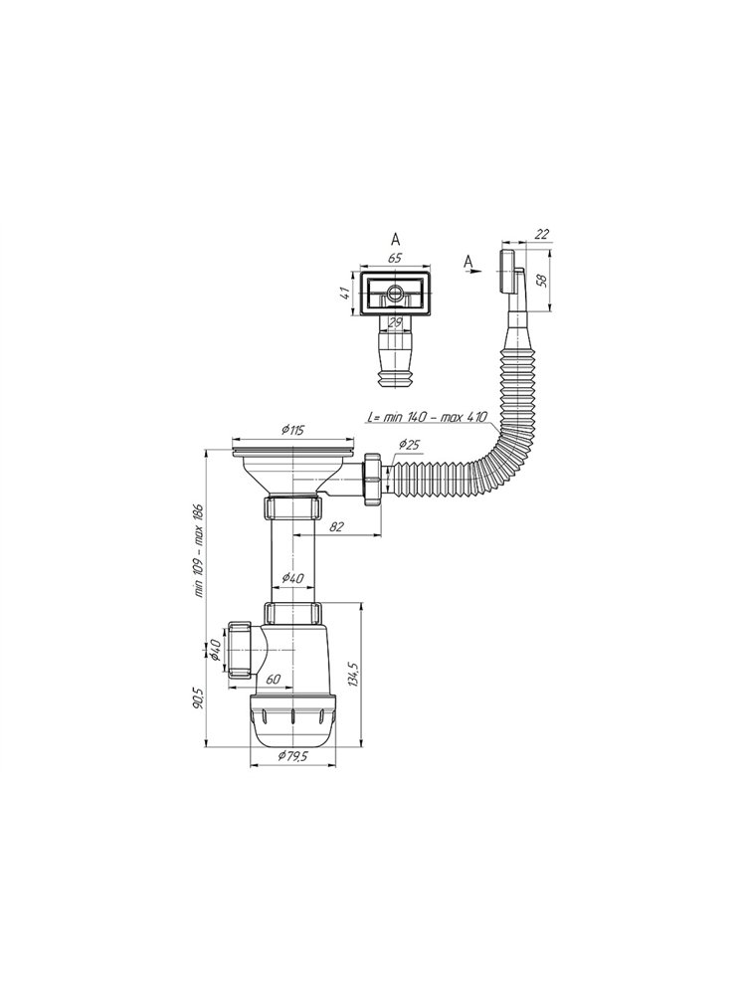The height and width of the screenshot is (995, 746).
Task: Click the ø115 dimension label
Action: pos(292,430)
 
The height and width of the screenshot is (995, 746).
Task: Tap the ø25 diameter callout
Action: pos(409,445)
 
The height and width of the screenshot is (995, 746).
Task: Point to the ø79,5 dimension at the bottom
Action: pos(293,756)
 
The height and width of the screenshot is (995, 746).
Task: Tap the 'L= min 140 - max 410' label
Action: pos(427,418)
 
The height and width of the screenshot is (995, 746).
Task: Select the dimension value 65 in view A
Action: pos(395,259)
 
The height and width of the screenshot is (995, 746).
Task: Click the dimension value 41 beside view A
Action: pos(344,295)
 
